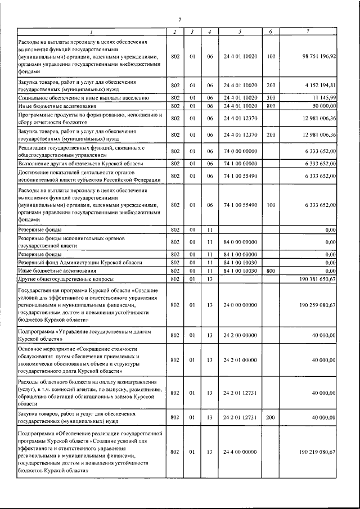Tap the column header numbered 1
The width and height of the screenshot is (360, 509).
tap(92, 31)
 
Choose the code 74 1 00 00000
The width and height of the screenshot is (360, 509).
tap(239, 163)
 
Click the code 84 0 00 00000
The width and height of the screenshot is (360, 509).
tap(239, 242)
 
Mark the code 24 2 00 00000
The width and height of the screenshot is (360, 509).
tap(239, 335)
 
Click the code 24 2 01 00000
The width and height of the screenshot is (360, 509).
tap(239, 360)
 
